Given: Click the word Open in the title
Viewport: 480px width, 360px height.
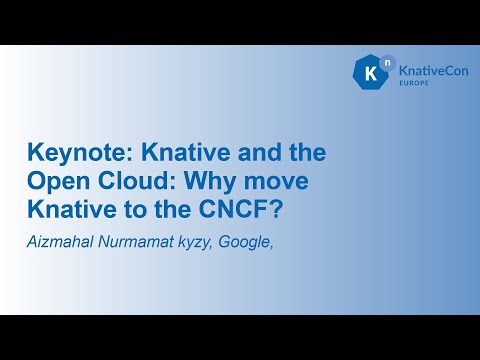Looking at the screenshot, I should (x=56, y=184).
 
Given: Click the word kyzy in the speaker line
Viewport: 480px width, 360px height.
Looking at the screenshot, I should (x=192, y=241).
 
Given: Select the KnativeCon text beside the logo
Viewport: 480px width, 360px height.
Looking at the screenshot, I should (x=427, y=72).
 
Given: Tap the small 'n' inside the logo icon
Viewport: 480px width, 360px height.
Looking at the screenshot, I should (x=380, y=64).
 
